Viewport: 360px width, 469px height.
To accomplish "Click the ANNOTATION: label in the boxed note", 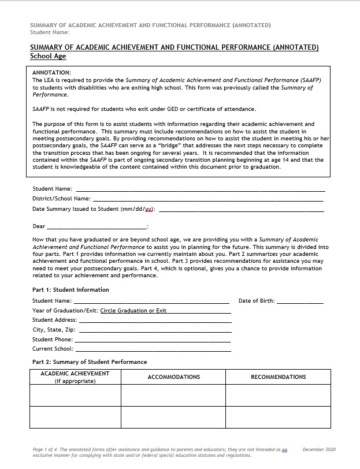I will (51, 73).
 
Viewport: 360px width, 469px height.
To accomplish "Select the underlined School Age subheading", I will (48, 57).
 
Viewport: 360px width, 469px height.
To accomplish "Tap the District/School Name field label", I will (61, 199).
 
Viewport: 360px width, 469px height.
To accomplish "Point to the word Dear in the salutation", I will (39, 226).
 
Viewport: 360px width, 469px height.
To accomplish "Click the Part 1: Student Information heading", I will (70, 290).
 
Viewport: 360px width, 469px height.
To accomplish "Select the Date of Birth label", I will (257, 301).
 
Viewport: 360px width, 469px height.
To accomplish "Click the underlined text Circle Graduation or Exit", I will (133, 311).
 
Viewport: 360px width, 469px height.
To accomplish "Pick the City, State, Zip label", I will (54, 330).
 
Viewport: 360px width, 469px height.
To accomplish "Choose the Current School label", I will (53, 349).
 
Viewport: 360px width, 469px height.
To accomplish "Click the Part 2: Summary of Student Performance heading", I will (90, 362).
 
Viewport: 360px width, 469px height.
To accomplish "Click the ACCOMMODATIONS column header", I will (174, 377).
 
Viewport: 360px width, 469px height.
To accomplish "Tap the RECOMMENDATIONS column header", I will (278, 377).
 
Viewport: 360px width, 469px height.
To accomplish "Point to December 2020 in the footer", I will (318, 449).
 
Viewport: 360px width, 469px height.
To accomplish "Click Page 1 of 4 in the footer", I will (44, 449).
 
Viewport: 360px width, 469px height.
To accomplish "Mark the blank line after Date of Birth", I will (300, 302).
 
